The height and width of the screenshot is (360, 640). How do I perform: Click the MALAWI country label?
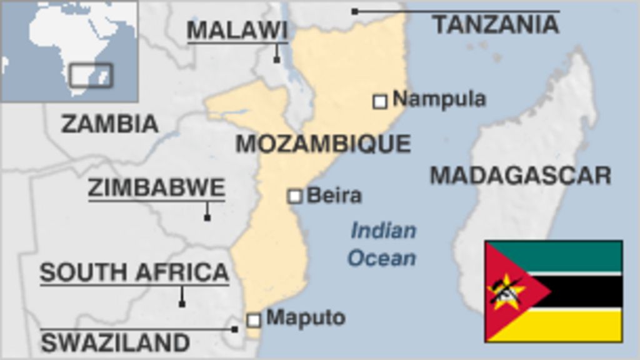coord(237,30)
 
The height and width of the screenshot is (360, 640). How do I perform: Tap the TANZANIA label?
coord(496,24)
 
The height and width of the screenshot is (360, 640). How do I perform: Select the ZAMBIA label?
coord(110,124)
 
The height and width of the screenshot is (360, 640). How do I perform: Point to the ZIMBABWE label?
coord(156,187)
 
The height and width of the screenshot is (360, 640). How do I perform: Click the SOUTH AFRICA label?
coord(134,272)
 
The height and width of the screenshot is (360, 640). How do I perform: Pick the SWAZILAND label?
coord(115,342)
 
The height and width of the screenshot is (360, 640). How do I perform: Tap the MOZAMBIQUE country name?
coord(323,144)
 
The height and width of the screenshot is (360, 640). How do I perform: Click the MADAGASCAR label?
coord(521,175)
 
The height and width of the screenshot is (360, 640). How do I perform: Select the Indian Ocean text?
coord(382,244)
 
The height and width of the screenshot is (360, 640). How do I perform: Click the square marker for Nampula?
coord(380,101)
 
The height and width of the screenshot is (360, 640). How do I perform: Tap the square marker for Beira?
coord(294,196)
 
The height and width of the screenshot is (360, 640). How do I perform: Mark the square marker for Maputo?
coord(253,320)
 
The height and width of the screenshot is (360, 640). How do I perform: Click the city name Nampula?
coord(439,99)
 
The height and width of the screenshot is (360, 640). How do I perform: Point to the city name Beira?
coord(334,196)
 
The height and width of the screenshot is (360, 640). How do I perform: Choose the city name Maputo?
coord(306,317)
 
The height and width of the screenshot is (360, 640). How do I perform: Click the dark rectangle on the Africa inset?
coord(91,75)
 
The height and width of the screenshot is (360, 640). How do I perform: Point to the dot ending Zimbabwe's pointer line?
coord(207,217)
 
